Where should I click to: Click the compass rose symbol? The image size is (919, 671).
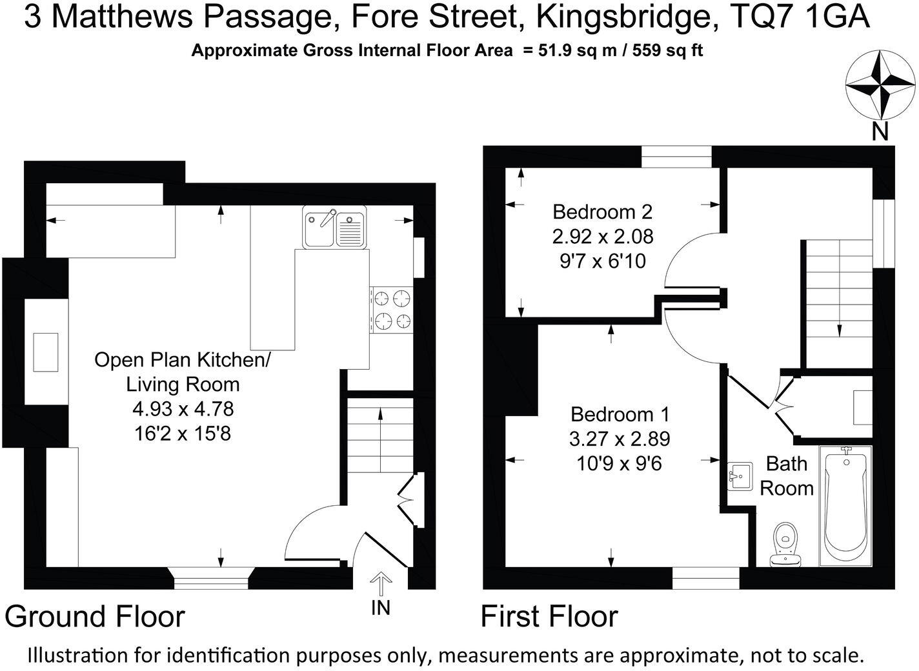pyautogui.click(x=880, y=85)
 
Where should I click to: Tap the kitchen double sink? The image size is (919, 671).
pyautogui.click(x=334, y=227)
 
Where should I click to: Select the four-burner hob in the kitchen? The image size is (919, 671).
pyautogui.click(x=392, y=310)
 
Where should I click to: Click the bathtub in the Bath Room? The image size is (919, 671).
pyautogui.click(x=845, y=505)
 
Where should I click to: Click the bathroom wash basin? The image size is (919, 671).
pyautogui.click(x=740, y=477)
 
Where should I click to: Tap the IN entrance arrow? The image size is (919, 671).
pyautogui.click(x=381, y=585)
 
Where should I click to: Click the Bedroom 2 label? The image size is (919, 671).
pyautogui.click(x=602, y=212)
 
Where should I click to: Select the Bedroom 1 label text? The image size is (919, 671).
pyautogui.click(x=620, y=414)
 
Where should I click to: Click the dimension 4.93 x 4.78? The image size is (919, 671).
pyautogui.click(x=183, y=408)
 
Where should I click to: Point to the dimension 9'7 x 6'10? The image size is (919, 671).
pyautogui.click(x=602, y=261)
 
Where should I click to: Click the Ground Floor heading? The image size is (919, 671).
pyautogui.click(x=95, y=617)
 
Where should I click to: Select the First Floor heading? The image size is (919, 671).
pyautogui.click(x=549, y=617)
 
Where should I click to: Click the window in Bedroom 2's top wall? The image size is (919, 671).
pyautogui.click(x=676, y=157)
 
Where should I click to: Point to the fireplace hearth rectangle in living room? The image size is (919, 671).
pyautogui.click(x=46, y=352)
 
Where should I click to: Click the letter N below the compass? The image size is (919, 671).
pyautogui.click(x=880, y=132)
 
